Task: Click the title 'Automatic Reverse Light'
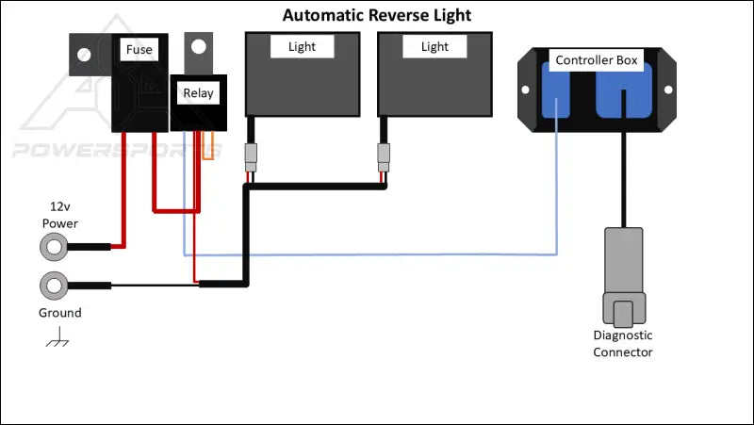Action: point(377,16)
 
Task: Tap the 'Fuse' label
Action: point(139,50)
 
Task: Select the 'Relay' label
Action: point(198,92)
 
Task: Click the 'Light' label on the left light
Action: point(302,46)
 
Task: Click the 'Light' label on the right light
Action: point(434,46)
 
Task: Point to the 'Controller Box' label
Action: point(596,60)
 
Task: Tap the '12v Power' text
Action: point(59,214)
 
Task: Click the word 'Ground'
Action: point(59,313)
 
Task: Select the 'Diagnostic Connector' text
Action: point(622,344)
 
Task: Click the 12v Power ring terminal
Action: point(53,248)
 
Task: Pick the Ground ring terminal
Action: point(53,285)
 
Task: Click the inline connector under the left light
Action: point(250,157)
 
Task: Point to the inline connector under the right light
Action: point(384,156)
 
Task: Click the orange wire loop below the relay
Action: point(214,146)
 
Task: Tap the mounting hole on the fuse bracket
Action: point(82,53)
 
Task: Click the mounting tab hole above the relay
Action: point(197,47)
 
